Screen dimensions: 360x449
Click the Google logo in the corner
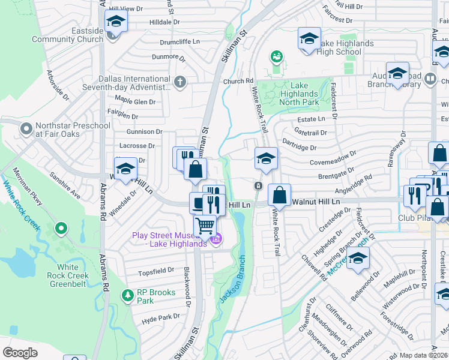[20, 353]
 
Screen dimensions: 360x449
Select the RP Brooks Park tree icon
[127, 295]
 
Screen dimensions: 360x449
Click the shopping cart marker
[205, 227]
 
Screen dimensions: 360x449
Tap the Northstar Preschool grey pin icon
[26, 129]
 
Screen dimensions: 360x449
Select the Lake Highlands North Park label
[298, 94]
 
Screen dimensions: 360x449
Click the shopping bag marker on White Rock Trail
[279, 195]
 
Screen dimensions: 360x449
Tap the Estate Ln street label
[311, 120]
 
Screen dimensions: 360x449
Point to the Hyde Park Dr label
[160, 317]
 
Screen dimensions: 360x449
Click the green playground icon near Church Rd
[276, 57]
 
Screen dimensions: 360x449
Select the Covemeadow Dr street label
[333, 163]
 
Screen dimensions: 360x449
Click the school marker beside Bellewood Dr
[358, 258]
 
